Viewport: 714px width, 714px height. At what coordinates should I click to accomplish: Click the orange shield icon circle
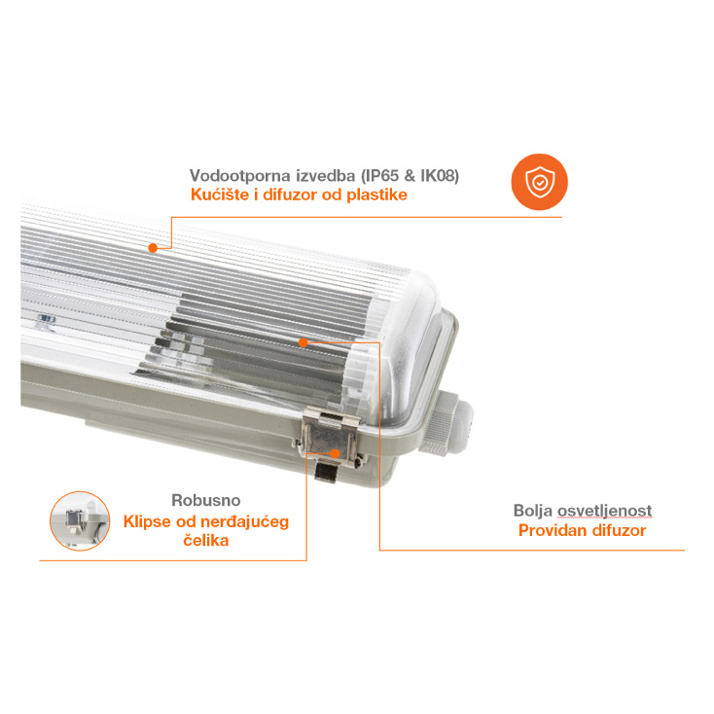point(540,182)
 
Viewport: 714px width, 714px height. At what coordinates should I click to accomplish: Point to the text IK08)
point(440,176)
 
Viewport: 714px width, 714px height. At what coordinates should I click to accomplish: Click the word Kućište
point(220,195)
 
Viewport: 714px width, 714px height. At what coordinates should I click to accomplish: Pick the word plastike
point(377,195)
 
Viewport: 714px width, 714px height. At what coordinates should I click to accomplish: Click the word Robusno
point(206,500)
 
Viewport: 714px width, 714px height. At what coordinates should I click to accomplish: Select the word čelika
point(206,541)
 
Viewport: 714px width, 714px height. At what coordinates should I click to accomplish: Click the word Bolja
point(533,511)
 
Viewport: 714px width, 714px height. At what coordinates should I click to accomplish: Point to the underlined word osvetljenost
point(605,511)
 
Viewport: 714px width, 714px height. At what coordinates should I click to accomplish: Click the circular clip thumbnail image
point(80,521)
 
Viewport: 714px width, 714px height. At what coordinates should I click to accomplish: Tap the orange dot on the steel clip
point(336,453)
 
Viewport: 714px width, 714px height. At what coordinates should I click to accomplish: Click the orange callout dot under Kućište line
point(153,248)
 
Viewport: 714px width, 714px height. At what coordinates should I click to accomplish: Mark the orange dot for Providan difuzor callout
point(303,342)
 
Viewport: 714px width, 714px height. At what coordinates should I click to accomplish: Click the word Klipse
point(147,521)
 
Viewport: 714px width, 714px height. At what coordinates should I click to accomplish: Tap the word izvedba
point(326,176)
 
